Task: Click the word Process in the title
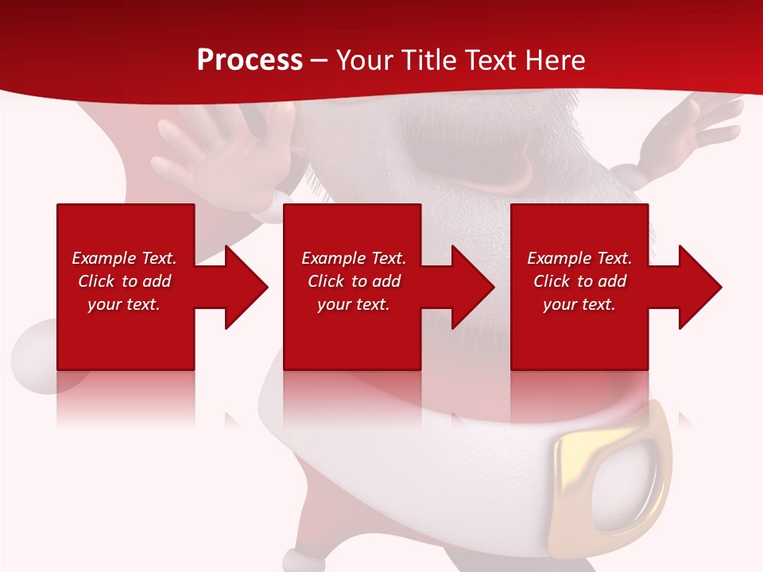tap(250, 60)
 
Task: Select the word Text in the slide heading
tap(490, 60)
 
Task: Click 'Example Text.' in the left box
tap(124, 258)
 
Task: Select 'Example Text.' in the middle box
tap(354, 258)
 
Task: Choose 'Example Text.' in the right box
tap(579, 258)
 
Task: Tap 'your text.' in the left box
tap(124, 304)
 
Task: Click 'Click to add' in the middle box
tap(354, 281)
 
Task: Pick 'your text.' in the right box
tap(579, 304)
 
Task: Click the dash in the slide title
tap(319, 60)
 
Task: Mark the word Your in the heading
tap(364, 60)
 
